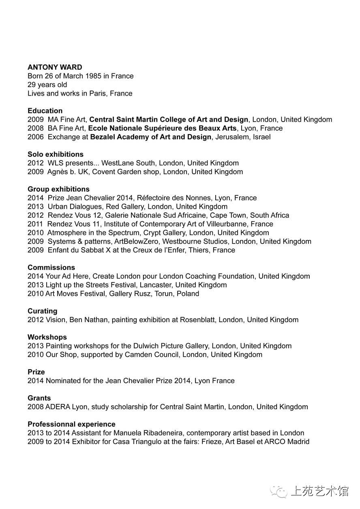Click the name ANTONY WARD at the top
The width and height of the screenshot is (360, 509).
[55, 67]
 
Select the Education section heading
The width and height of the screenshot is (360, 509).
[45, 111]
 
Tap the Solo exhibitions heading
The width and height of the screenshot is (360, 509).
[56, 154]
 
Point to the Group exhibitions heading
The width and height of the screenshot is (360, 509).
[58, 189]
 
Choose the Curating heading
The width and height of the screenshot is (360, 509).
[42, 311]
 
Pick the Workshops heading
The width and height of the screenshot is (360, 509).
[47, 337]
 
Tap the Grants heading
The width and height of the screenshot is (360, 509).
[39, 398]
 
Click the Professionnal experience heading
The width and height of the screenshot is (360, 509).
[71, 424]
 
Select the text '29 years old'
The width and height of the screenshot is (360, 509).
[47, 85]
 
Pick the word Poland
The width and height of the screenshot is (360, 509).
[188, 294]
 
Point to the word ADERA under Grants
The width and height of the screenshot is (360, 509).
[58, 407]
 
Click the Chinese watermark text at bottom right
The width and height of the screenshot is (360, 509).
[319, 491]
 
